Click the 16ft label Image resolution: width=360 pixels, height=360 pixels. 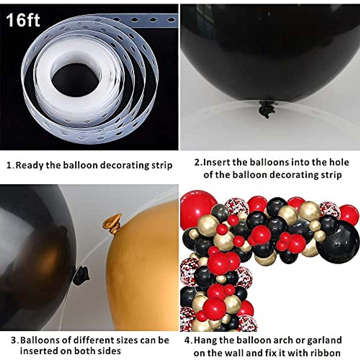point(23,20)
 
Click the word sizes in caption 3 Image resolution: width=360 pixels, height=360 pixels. point(137,340)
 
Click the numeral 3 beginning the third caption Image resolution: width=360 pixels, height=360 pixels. point(13,340)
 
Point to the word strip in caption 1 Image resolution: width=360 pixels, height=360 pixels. point(162,165)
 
